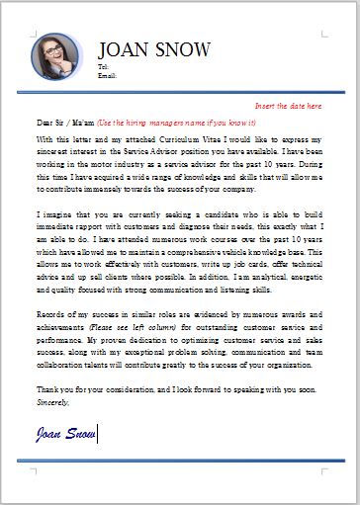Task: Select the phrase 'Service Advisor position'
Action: [x=153, y=152]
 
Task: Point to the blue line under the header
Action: [x=180, y=93]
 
